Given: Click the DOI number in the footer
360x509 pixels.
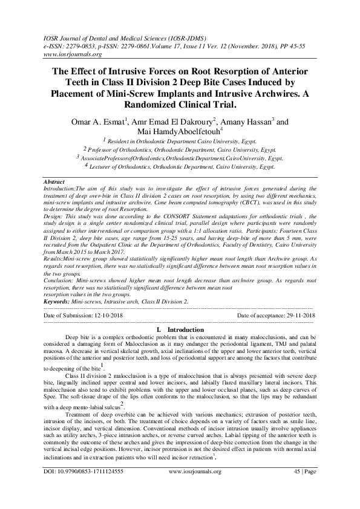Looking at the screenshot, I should pos(90,486).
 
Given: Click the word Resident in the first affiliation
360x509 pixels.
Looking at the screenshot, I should pos(126,140).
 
